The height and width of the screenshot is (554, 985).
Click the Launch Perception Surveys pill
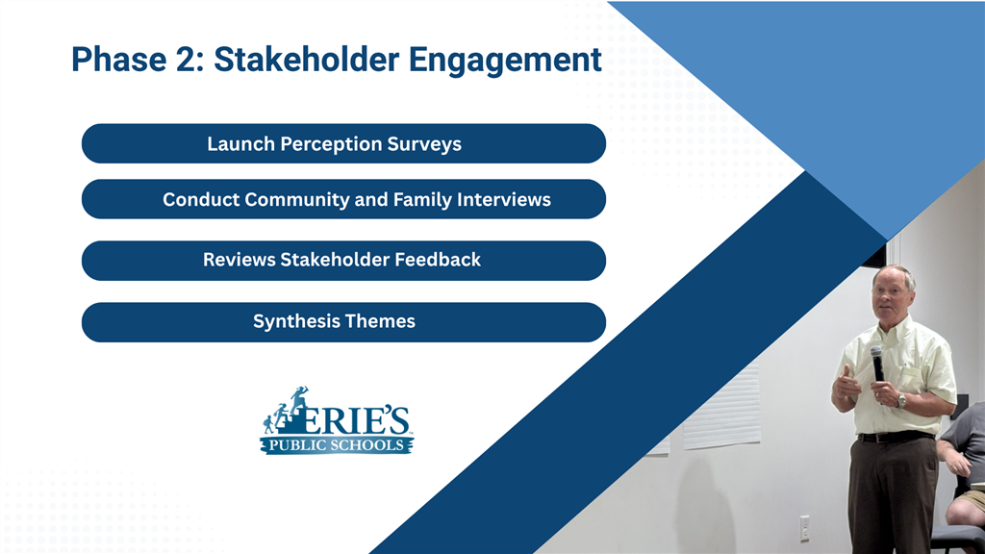tap(343, 143)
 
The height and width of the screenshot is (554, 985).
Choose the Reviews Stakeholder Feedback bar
tap(343, 260)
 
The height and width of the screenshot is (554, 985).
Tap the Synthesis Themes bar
tap(343, 321)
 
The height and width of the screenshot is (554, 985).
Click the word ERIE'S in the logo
tap(359, 420)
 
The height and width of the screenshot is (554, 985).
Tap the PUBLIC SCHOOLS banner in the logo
tap(337, 445)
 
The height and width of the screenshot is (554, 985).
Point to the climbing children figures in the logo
tap(287, 410)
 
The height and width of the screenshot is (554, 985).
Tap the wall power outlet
tap(804, 528)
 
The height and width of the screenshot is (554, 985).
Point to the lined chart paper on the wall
tap(721, 408)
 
